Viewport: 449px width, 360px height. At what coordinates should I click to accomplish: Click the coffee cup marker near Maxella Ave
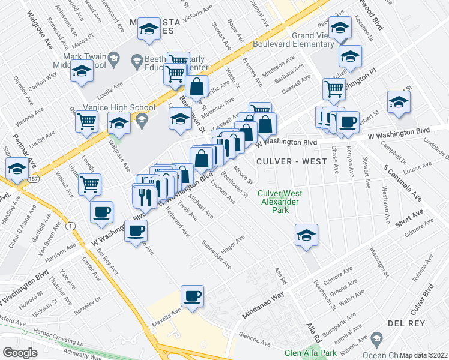coord(192,296)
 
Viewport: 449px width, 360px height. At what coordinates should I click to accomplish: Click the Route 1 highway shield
coord(71,225)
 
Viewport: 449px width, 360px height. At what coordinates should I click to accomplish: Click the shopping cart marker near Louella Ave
coord(90,184)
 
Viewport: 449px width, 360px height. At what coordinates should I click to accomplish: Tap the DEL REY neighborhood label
coord(406,323)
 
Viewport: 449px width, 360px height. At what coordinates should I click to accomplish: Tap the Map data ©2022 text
coord(424,355)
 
